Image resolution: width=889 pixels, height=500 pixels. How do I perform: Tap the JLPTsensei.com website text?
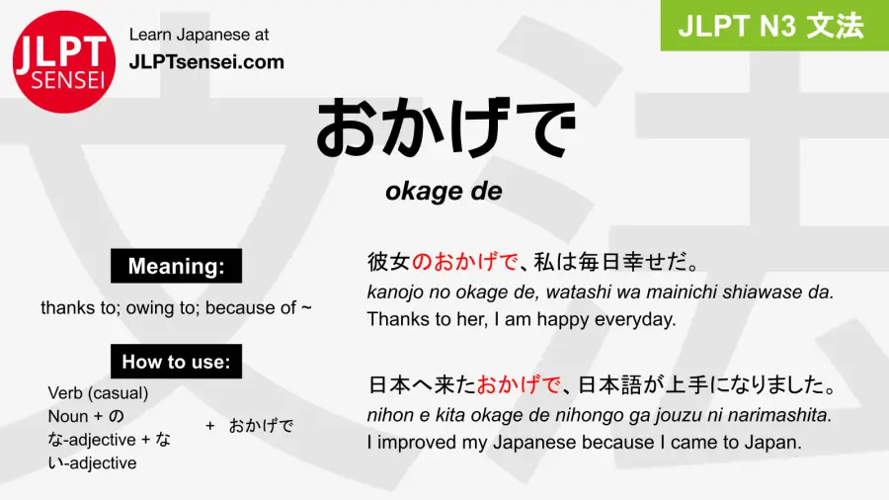click(x=206, y=62)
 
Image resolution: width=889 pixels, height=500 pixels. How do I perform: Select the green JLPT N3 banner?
click(x=774, y=26)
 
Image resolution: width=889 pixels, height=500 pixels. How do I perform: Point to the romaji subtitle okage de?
click(x=444, y=192)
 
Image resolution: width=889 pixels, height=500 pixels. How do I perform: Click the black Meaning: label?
click(x=176, y=266)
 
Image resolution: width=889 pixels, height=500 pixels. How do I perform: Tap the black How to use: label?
click(x=176, y=362)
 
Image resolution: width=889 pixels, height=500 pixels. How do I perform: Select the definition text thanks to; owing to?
click(x=176, y=307)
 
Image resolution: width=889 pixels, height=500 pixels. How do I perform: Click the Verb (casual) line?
click(x=99, y=392)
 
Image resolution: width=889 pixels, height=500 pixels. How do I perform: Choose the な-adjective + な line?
click(x=110, y=440)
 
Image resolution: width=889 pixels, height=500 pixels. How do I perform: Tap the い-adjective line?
click(x=92, y=462)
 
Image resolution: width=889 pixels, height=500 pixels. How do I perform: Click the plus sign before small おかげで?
click(x=210, y=426)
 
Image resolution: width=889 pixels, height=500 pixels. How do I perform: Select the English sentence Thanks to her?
click(x=521, y=318)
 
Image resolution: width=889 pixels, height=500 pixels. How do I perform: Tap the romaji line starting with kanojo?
click(x=601, y=292)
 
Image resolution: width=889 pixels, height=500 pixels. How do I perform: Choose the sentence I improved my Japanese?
click(x=584, y=442)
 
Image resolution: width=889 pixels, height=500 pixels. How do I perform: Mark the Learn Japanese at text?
click(x=199, y=35)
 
